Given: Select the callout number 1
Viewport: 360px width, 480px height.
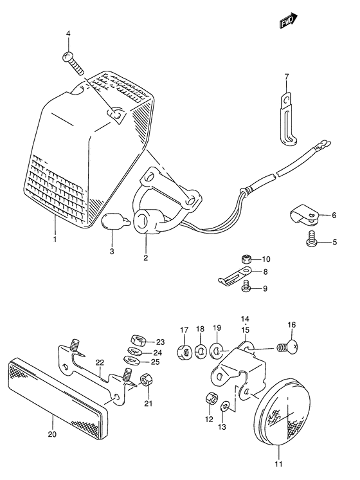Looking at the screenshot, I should pos(55,240).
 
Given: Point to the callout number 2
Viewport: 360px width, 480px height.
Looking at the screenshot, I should pos(146,258).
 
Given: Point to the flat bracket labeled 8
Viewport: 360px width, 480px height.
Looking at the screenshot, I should pos(231,277).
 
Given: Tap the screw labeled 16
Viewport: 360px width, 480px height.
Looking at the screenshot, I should pos(287,349).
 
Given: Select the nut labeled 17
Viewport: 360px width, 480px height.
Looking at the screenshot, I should pos(183,351).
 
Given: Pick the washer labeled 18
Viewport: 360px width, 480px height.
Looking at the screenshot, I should pos(200,351).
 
